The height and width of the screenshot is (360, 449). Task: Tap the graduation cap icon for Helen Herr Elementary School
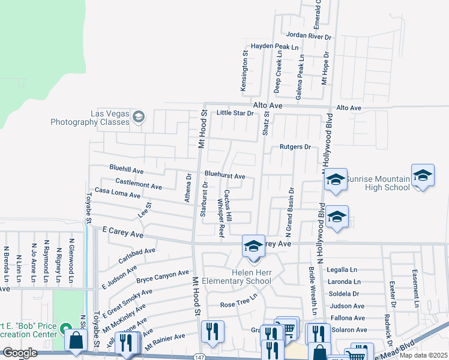pos(253,245)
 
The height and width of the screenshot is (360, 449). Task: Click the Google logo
pos(20,353)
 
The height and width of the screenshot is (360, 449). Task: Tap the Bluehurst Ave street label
pos(224,176)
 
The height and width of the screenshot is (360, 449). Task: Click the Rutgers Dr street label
pos(295,146)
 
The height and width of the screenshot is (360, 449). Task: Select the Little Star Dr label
pos(235,113)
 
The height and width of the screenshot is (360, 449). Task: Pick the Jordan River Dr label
pos(309,36)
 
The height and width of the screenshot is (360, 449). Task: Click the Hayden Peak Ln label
pos(274,46)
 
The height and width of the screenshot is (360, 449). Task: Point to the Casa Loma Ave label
pos(117,193)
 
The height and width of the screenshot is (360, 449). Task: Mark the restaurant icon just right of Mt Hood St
pos(212,332)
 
